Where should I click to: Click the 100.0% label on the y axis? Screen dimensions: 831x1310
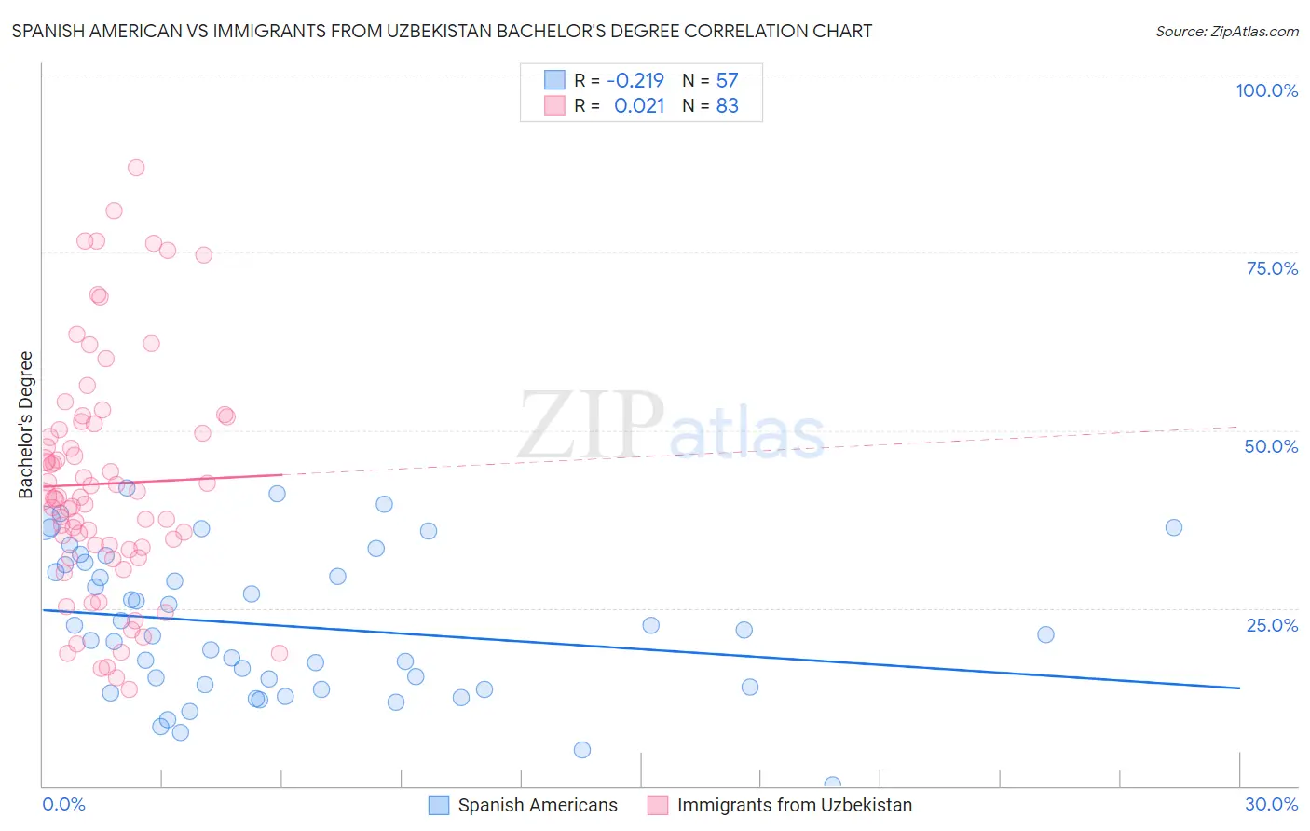tap(1266, 90)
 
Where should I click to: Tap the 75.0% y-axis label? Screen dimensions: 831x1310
tap(1272, 268)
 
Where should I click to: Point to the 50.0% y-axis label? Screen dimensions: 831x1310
tap(1271, 446)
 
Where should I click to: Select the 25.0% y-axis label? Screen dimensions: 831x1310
tap(1272, 624)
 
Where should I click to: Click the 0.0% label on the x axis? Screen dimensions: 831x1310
tap(63, 804)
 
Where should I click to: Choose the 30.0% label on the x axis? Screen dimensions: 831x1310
tap(1271, 804)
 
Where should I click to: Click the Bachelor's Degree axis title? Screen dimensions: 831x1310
tap(26, 424)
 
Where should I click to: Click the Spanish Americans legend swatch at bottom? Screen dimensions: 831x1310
tap(439, 805)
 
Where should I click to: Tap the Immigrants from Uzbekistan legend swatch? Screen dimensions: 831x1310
tap(658, 805)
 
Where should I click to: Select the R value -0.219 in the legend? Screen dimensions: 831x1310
tap(635, 80)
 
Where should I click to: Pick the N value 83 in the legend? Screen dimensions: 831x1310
tap(727, 105)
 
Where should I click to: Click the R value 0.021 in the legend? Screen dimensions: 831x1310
tap(639, 105)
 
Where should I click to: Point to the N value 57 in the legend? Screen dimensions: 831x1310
tap(727, 80)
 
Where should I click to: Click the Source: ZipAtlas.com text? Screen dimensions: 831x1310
tap(1226, 31)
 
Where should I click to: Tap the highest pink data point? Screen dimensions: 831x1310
tap(136, 168)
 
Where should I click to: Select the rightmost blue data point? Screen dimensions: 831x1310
tap(1174, 527)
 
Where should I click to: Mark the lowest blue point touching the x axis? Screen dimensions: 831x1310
tap(832, 784)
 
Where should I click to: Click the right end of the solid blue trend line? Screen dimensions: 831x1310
tap(1239, 688)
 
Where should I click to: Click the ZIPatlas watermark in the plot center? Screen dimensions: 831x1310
tap(671, 426)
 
